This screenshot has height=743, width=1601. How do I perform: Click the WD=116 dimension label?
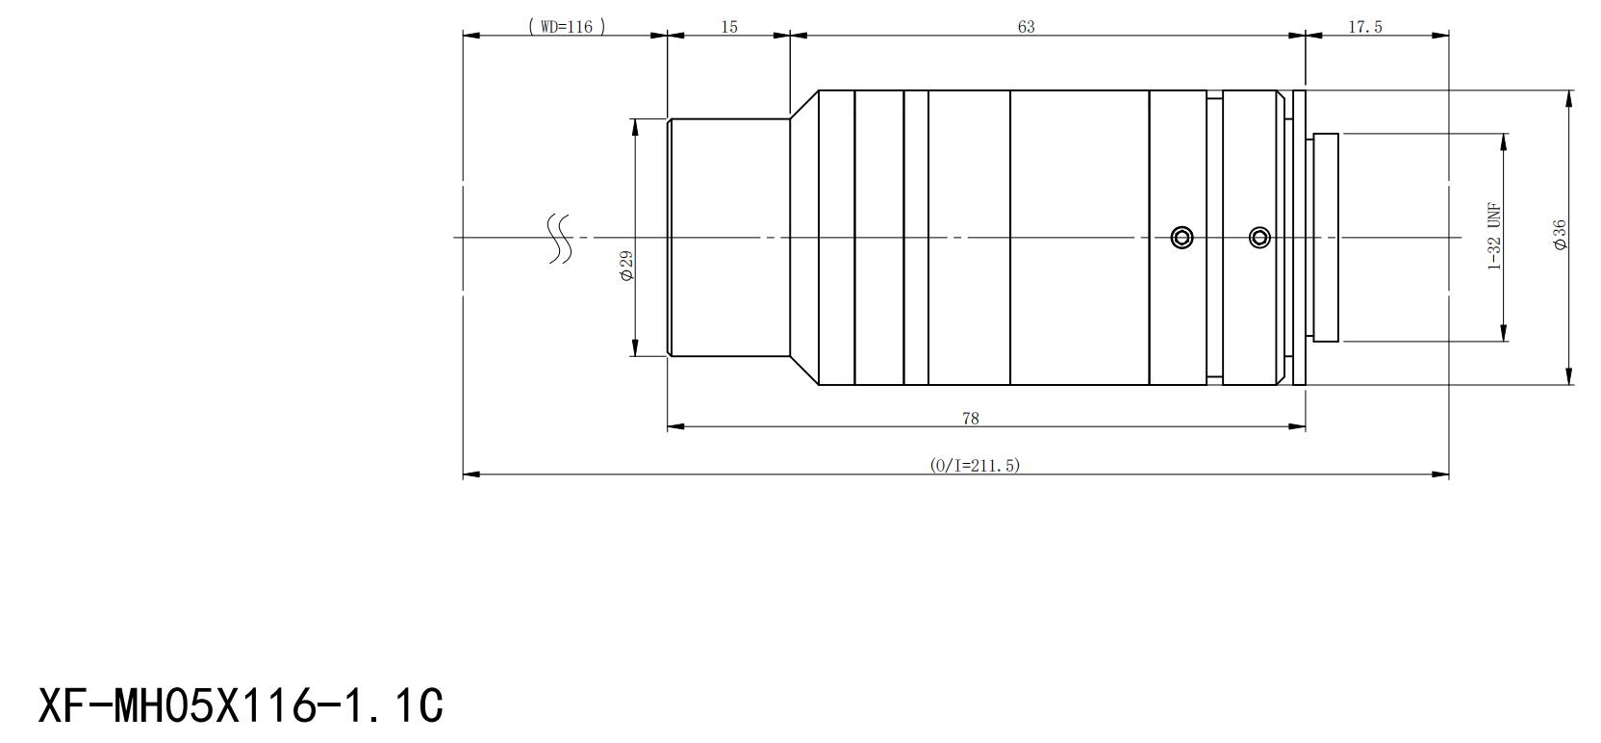pyautogui.click(x=567, y=26)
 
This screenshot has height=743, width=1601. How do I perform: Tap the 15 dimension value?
pyautogui.click(x=729, y=26)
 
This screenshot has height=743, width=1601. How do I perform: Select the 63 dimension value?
pyautogui.click(x=1027, y=26)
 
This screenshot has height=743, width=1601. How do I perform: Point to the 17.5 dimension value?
pyautogui.click(x=1365, y=26)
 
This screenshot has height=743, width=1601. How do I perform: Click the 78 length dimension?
pyautogui.click(x=971, y=419)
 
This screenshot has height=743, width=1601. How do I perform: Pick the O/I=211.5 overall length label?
pyautogui.click(x=975, y=466)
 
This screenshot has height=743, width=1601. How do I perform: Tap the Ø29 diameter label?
pyautogui.click(x=626, y=266)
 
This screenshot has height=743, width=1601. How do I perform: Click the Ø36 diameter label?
pyautogui.click(x=1561, y=235)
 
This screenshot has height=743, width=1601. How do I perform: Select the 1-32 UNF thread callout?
pyautogui.click(x=1494, y=237)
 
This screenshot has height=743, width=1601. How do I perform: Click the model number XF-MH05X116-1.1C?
pyautogui.click(x=241, y=705)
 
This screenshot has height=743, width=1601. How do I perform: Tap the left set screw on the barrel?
pyautogui.click(x=1182, y=237)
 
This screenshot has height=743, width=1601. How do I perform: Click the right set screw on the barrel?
pyautogui.click(x=1259, y=237)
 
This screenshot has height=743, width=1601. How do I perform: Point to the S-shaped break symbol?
pyautogui.click(x=560, y=239)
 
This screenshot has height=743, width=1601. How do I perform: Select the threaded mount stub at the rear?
pyautogui.click(x=1326, y=238)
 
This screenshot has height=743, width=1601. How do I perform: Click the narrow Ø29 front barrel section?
pyautogui.click(x=728, y=238)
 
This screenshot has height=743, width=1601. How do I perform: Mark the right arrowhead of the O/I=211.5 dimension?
pyautogui.click(x=1440, y=474)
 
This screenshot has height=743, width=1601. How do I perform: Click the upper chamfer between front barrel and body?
pyautogui.click(x=804, y=104)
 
